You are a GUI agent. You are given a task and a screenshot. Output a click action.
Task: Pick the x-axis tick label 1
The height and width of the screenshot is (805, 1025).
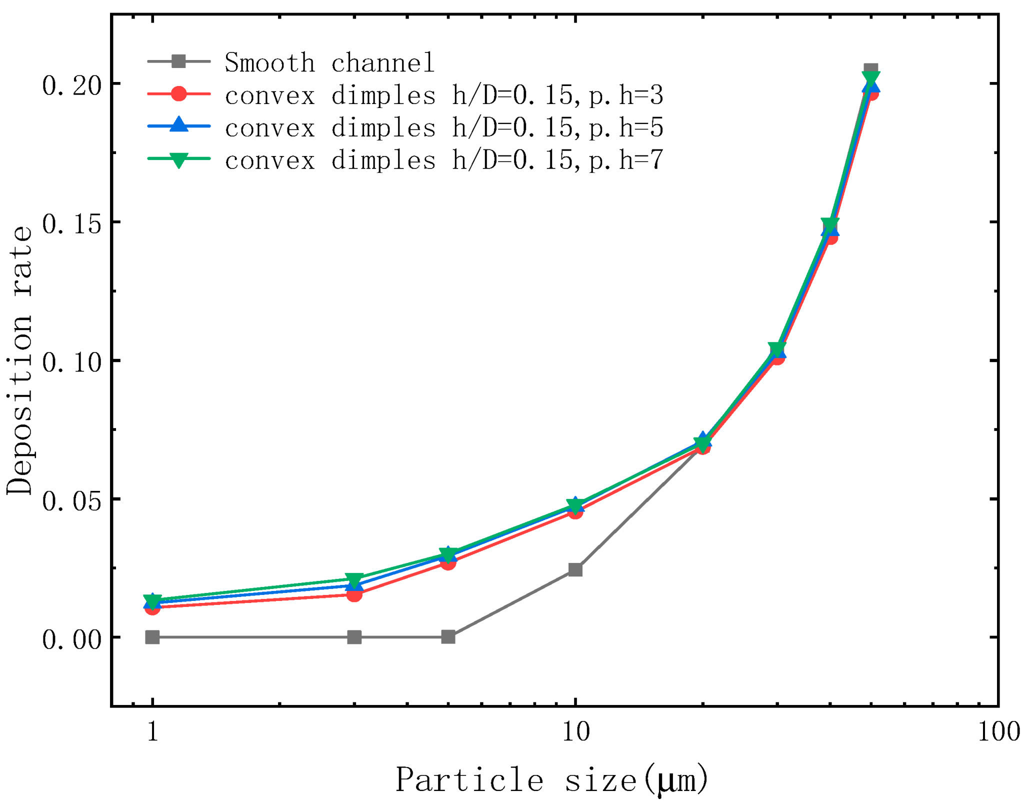[152, 731]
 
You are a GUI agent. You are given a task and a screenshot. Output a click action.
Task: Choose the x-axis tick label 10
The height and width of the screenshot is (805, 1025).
[575, 731]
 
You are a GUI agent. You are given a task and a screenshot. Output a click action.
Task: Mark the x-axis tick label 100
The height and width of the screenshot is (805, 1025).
[998, 731]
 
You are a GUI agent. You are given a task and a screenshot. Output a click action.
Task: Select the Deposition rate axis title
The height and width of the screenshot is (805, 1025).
[20, 360]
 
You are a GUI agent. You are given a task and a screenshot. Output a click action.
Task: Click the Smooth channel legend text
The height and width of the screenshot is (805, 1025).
[329, 63]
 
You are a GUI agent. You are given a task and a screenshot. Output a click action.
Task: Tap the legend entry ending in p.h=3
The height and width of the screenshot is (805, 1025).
[443, 95]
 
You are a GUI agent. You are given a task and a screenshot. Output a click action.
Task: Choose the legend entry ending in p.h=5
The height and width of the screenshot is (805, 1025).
[443, 127]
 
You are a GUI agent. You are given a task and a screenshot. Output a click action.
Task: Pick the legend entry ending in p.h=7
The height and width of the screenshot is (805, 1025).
[443, 160]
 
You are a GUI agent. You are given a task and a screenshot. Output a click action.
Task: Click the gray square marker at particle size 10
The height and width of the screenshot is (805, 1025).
[575, 569]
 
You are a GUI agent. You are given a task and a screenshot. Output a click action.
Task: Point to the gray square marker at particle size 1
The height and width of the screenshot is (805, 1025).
[152, 637]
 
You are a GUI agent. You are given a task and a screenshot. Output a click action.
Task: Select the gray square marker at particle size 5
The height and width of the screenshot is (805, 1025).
[448, 637]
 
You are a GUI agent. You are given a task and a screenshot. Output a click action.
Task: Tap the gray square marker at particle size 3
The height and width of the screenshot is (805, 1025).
[354, 637]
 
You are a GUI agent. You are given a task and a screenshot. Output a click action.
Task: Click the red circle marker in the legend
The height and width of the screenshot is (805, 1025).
[178, 93]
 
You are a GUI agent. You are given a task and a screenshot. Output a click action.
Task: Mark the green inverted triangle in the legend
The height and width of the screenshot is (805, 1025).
[178, 160]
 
